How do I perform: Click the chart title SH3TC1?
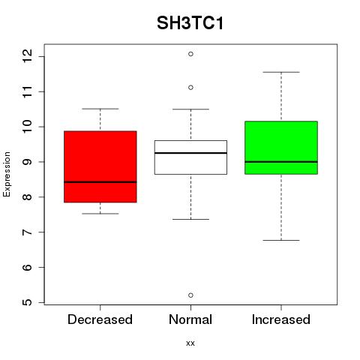click(x=190, y=23)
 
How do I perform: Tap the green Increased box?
click(x=281, y=148)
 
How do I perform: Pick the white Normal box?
click(x=190, y=157)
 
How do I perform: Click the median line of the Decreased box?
click(x=100, y=182)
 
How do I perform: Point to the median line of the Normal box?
click(x=190, y=153)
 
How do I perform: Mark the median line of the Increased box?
click(x=281, y=162)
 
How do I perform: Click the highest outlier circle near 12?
click(x=190, y=54)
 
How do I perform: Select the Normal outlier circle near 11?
click(x=190, y=88)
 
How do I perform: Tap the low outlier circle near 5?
click(x=190, y=295)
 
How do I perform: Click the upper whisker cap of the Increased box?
click(x=281, y=72)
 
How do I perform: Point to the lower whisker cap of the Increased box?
click(x=281, y=240)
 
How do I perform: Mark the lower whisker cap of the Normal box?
click(x=190, y=219)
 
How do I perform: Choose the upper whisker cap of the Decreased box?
click(x=100, y=109)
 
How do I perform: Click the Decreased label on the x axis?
click(x=100, y=319)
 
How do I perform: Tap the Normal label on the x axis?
click(x=190, y=319)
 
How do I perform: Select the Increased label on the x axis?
click(x=281, y=319)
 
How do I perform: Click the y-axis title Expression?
click(x=7, y=174)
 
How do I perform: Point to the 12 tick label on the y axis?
click(x=28, y=56)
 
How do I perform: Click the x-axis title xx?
click(x=190, y=343)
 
